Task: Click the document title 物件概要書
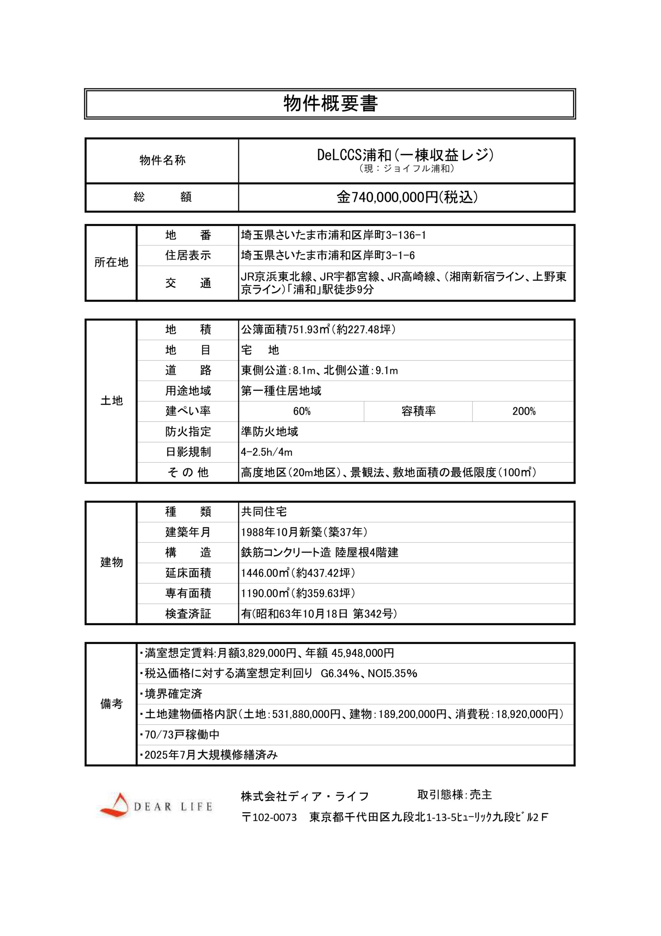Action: click(330, 103)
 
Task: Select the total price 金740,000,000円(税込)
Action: click(406, 197)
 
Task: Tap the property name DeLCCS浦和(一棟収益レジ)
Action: click(405, 155)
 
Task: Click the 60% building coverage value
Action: click(301, 411)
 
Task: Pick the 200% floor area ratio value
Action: click(523, 411)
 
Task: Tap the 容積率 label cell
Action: click(418, 411)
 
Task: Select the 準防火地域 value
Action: click(269, 432)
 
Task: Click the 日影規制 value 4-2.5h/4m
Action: click(266, 452)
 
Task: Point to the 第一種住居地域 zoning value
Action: click(281, 391)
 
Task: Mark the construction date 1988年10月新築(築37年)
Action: click(304, 532)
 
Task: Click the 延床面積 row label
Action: click(188, 573)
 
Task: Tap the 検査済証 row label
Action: click(188, 614)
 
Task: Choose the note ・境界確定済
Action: click(171, 694)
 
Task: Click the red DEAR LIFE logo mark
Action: click(115, 805)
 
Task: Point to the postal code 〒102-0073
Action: click(269, 818)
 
